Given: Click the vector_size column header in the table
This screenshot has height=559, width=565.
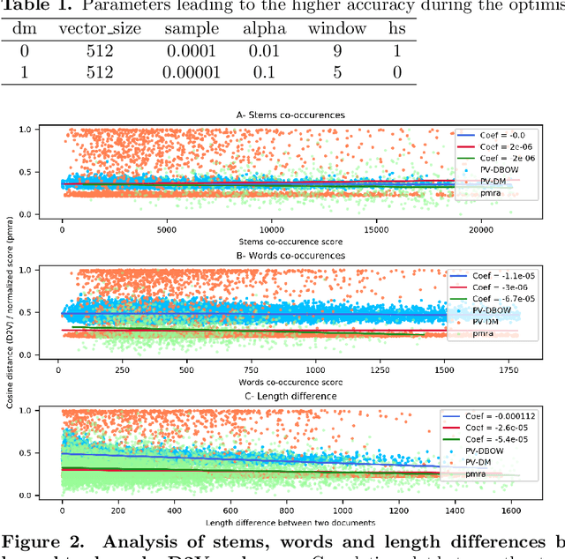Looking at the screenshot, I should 99,28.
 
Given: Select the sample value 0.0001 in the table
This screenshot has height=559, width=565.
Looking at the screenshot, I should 191,51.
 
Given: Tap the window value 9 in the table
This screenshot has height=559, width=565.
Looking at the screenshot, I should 336,51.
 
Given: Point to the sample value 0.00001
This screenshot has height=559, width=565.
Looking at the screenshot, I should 191,72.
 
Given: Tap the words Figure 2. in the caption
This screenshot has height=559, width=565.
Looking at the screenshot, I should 41,540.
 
